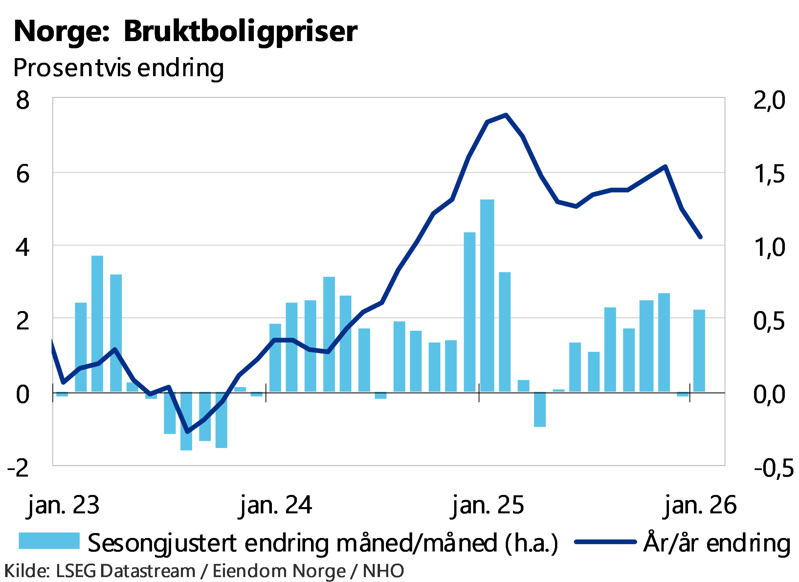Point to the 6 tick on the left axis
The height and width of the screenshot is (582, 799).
(23, 174)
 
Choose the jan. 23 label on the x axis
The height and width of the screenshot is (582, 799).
(63, 506)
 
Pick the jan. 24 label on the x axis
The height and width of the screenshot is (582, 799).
(276, 506)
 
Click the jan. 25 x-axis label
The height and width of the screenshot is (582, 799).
(488, 506)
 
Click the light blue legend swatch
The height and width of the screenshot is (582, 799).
(49, 541)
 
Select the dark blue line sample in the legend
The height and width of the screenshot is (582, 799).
(605, 542)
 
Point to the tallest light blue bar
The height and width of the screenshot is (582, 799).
(487, 296)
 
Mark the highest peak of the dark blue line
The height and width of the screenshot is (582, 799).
(506, 114)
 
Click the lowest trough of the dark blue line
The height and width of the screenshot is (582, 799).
(188, 431)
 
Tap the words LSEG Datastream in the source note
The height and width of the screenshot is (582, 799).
(125, 571)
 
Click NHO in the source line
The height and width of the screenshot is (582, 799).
(383, 571)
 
